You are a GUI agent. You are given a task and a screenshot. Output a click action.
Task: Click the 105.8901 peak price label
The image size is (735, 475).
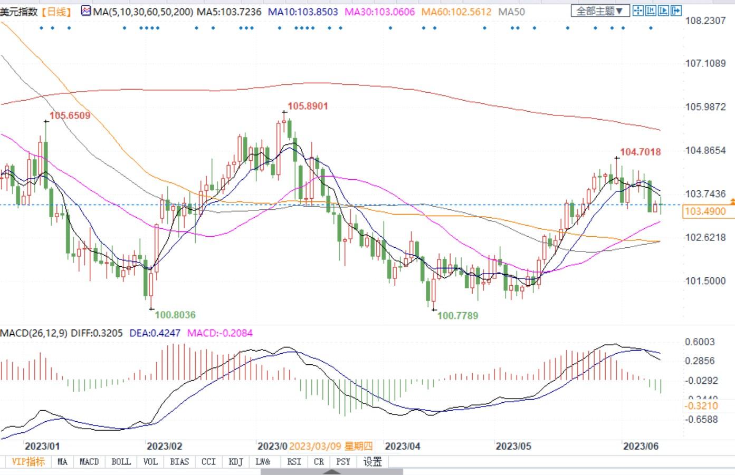[308, 106]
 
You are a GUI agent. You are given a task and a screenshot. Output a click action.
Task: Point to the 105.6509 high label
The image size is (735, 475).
[70, 115]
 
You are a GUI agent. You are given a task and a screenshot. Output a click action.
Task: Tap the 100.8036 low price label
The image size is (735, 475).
[175, 315]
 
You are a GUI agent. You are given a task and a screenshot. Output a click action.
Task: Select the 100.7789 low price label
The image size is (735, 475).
[458, 315]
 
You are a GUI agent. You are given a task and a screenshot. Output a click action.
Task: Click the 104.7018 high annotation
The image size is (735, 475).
[640, 152]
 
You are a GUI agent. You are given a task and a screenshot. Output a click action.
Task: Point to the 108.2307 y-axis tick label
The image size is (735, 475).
[705, 21]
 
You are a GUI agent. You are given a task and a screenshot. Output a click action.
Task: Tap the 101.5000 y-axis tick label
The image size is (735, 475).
[705, 280]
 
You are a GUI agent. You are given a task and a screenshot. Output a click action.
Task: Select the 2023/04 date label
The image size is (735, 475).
[403, 446]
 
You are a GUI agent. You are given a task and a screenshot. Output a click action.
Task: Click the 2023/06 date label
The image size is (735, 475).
[641, 446]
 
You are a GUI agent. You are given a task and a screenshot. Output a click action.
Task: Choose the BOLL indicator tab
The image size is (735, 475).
[121, 461]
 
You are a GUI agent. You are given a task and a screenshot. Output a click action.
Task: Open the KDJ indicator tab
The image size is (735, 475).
[236, 461]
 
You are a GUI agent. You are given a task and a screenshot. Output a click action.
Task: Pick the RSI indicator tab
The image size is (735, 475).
[294, 461]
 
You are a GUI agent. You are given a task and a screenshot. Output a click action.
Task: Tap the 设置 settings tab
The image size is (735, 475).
[373, 461]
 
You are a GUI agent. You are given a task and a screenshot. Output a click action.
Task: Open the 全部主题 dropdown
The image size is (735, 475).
[600, 11]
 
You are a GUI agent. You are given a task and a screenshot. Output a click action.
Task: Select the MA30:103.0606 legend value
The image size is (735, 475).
[379, 11]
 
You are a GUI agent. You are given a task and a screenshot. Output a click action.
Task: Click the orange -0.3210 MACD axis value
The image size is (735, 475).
[701, 405]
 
